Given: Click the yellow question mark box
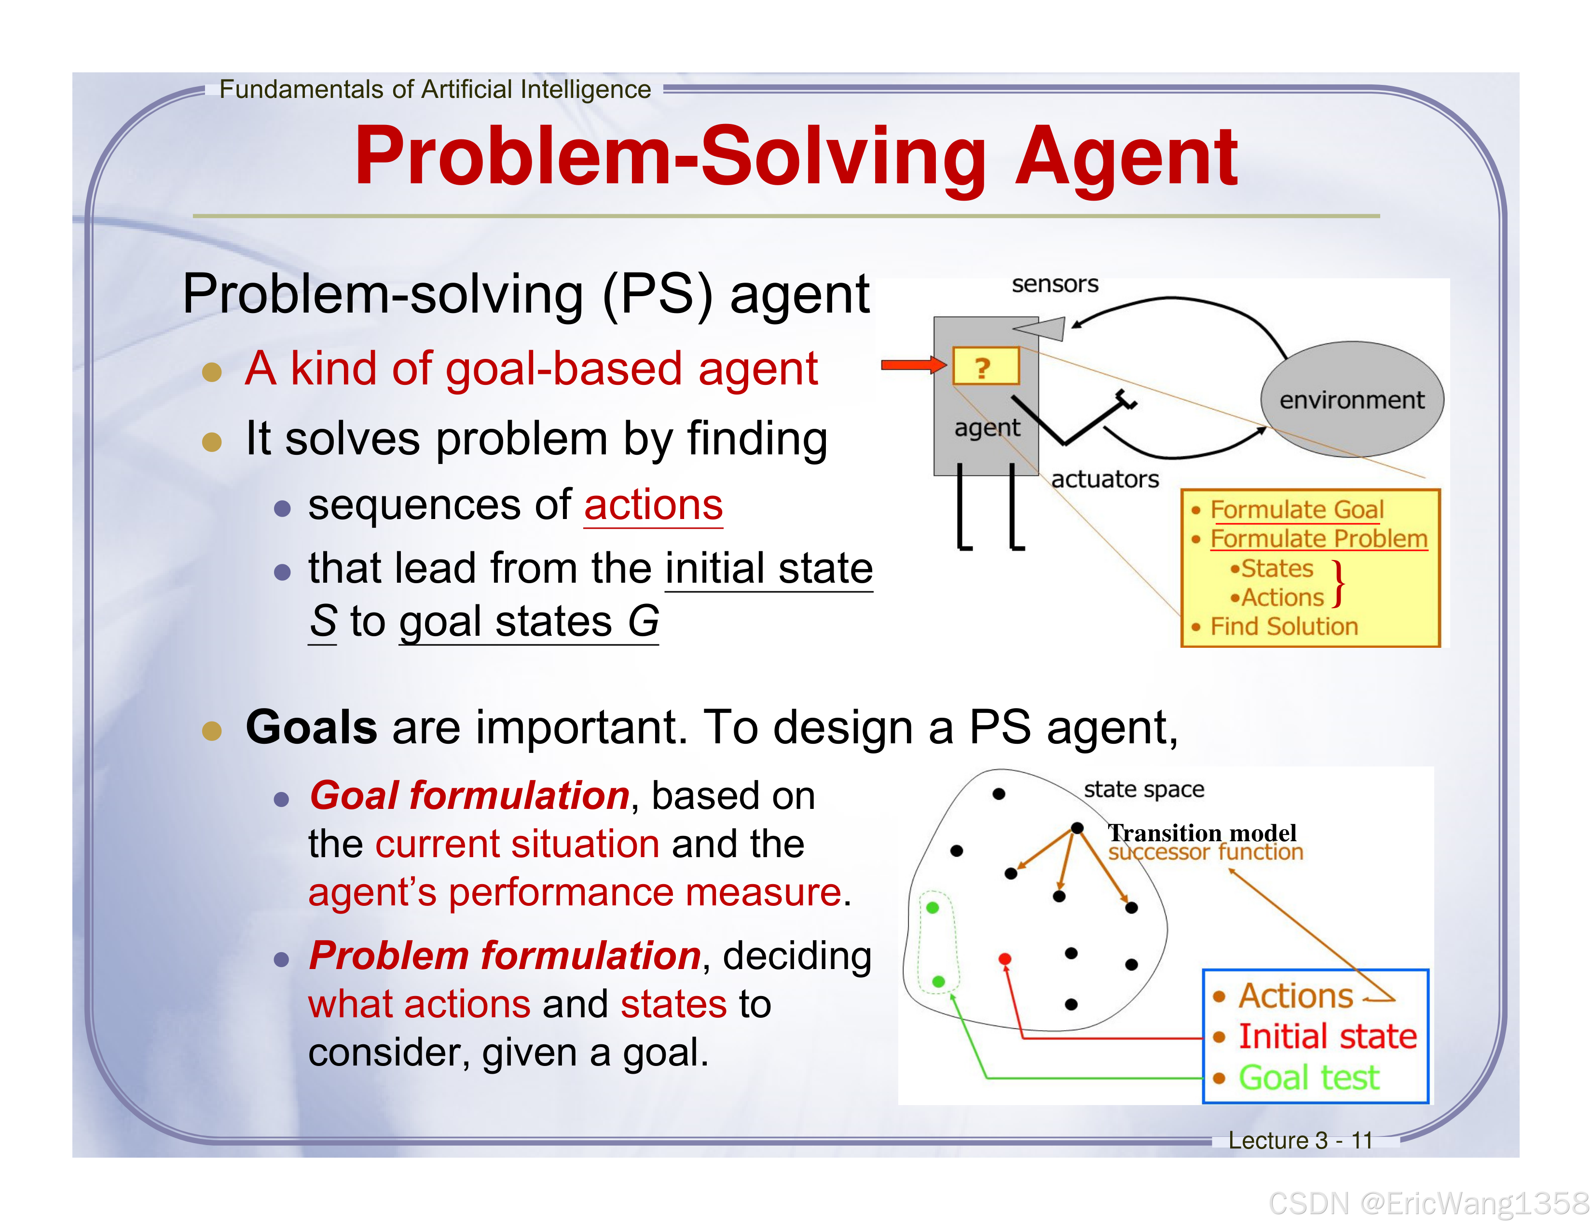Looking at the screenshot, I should pyautogui.click(x=985, y=367).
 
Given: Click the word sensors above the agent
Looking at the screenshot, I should pyautogui.click(x=1054, y=284).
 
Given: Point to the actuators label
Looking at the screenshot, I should pyautogui.click(x=1104, y=479).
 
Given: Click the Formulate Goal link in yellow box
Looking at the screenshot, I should pyautogui.click(x=1296, y=509).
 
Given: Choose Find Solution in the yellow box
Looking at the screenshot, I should pyautogui.click(x=1284, y=626).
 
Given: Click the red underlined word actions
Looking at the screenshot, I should pyautogui.click(x=653, y=505).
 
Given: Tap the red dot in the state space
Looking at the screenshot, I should pyautogui.click(x=1004, y=959).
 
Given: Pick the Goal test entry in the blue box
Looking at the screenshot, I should pyautogui.click(x=1308, y=1077).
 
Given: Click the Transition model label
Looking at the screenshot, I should pyautogui.click(x=1202, y=832).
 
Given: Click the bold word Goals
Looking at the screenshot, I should pyautogui.click(x=311, y=727).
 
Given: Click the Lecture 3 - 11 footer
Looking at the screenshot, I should pyautogui.click(x=1300, y=1140).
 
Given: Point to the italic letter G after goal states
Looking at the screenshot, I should pyautogui.click(x=643, y=622).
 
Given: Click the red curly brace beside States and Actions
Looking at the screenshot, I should pyautogui.click(x=1338, y=583).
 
